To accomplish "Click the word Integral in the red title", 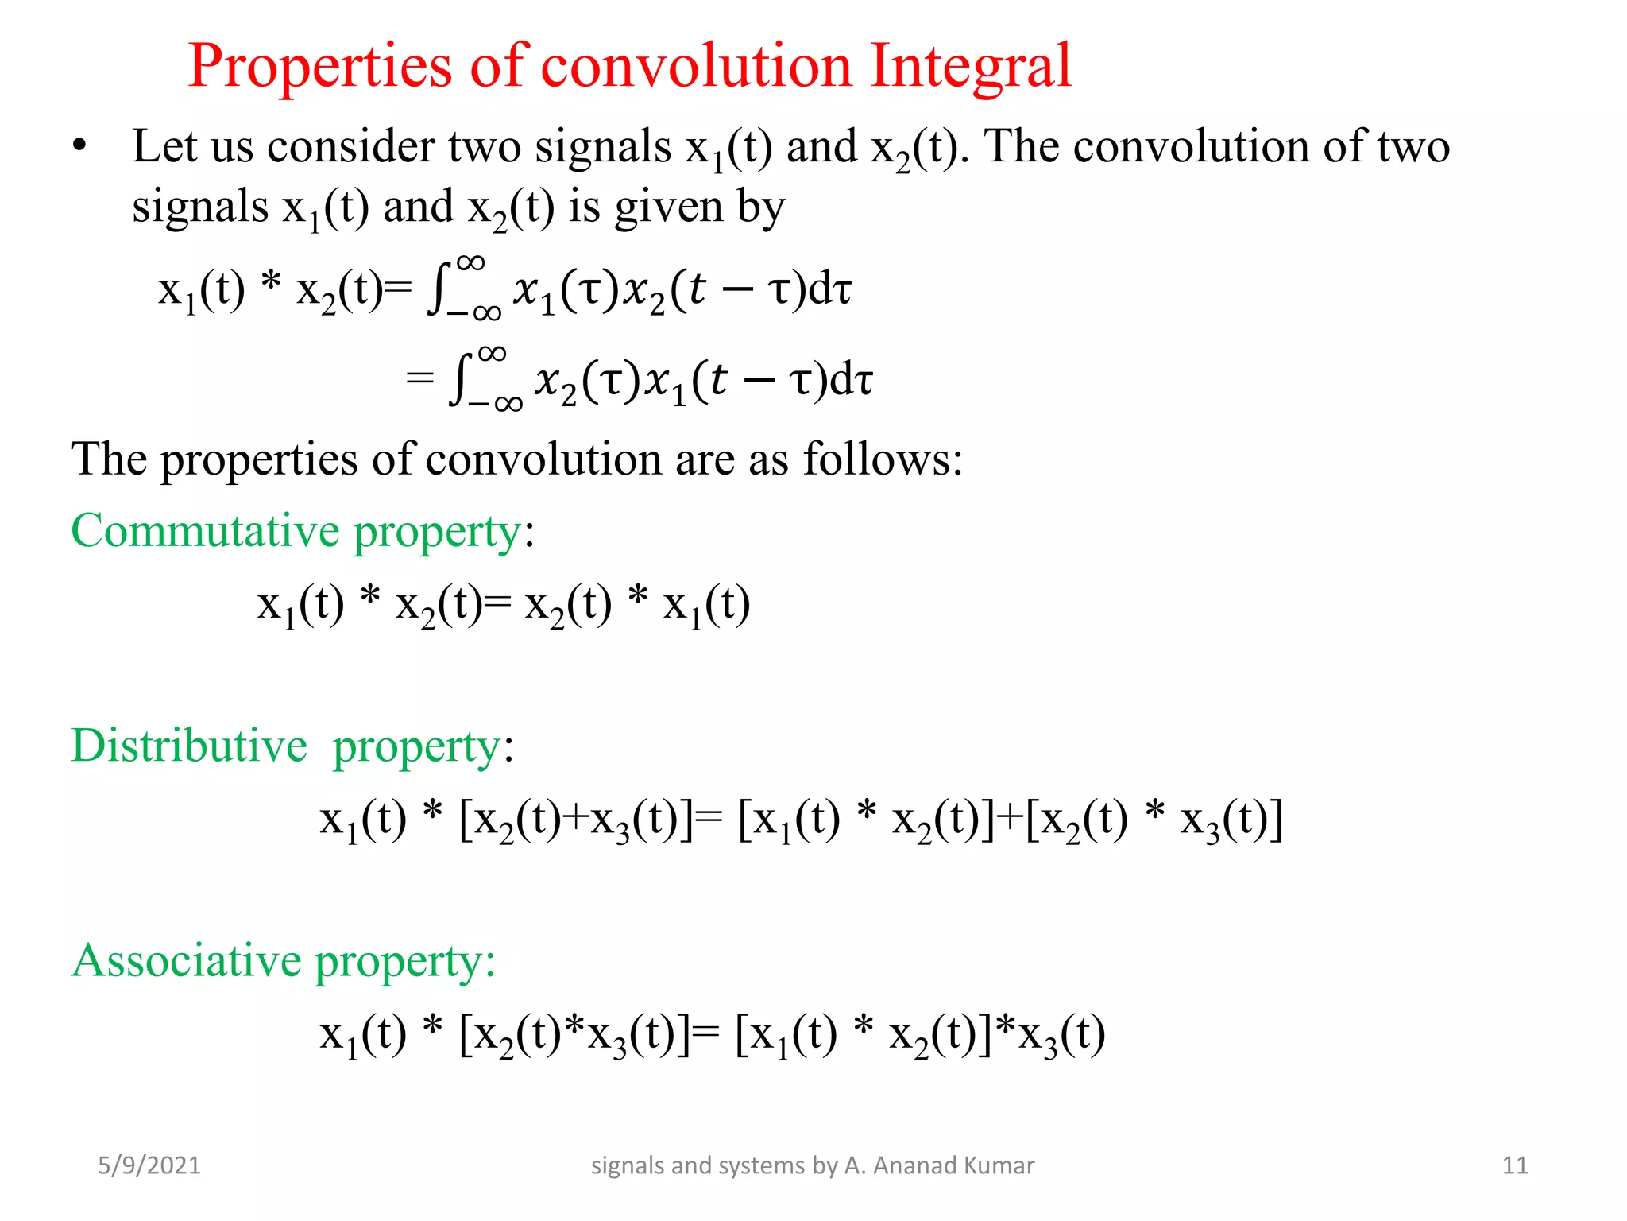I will coord(971,65).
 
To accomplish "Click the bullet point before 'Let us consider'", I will coord(79,146).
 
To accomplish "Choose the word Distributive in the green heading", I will coord(189,746).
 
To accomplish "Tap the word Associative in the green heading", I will coord(187,960).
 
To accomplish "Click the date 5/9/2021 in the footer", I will coord(149,1165).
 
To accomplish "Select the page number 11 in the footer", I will coord(1515,1165).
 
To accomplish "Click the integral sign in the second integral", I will coord(460,379).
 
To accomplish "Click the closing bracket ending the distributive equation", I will coord(1275,819).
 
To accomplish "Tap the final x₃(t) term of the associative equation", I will coord(1061,1036).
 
